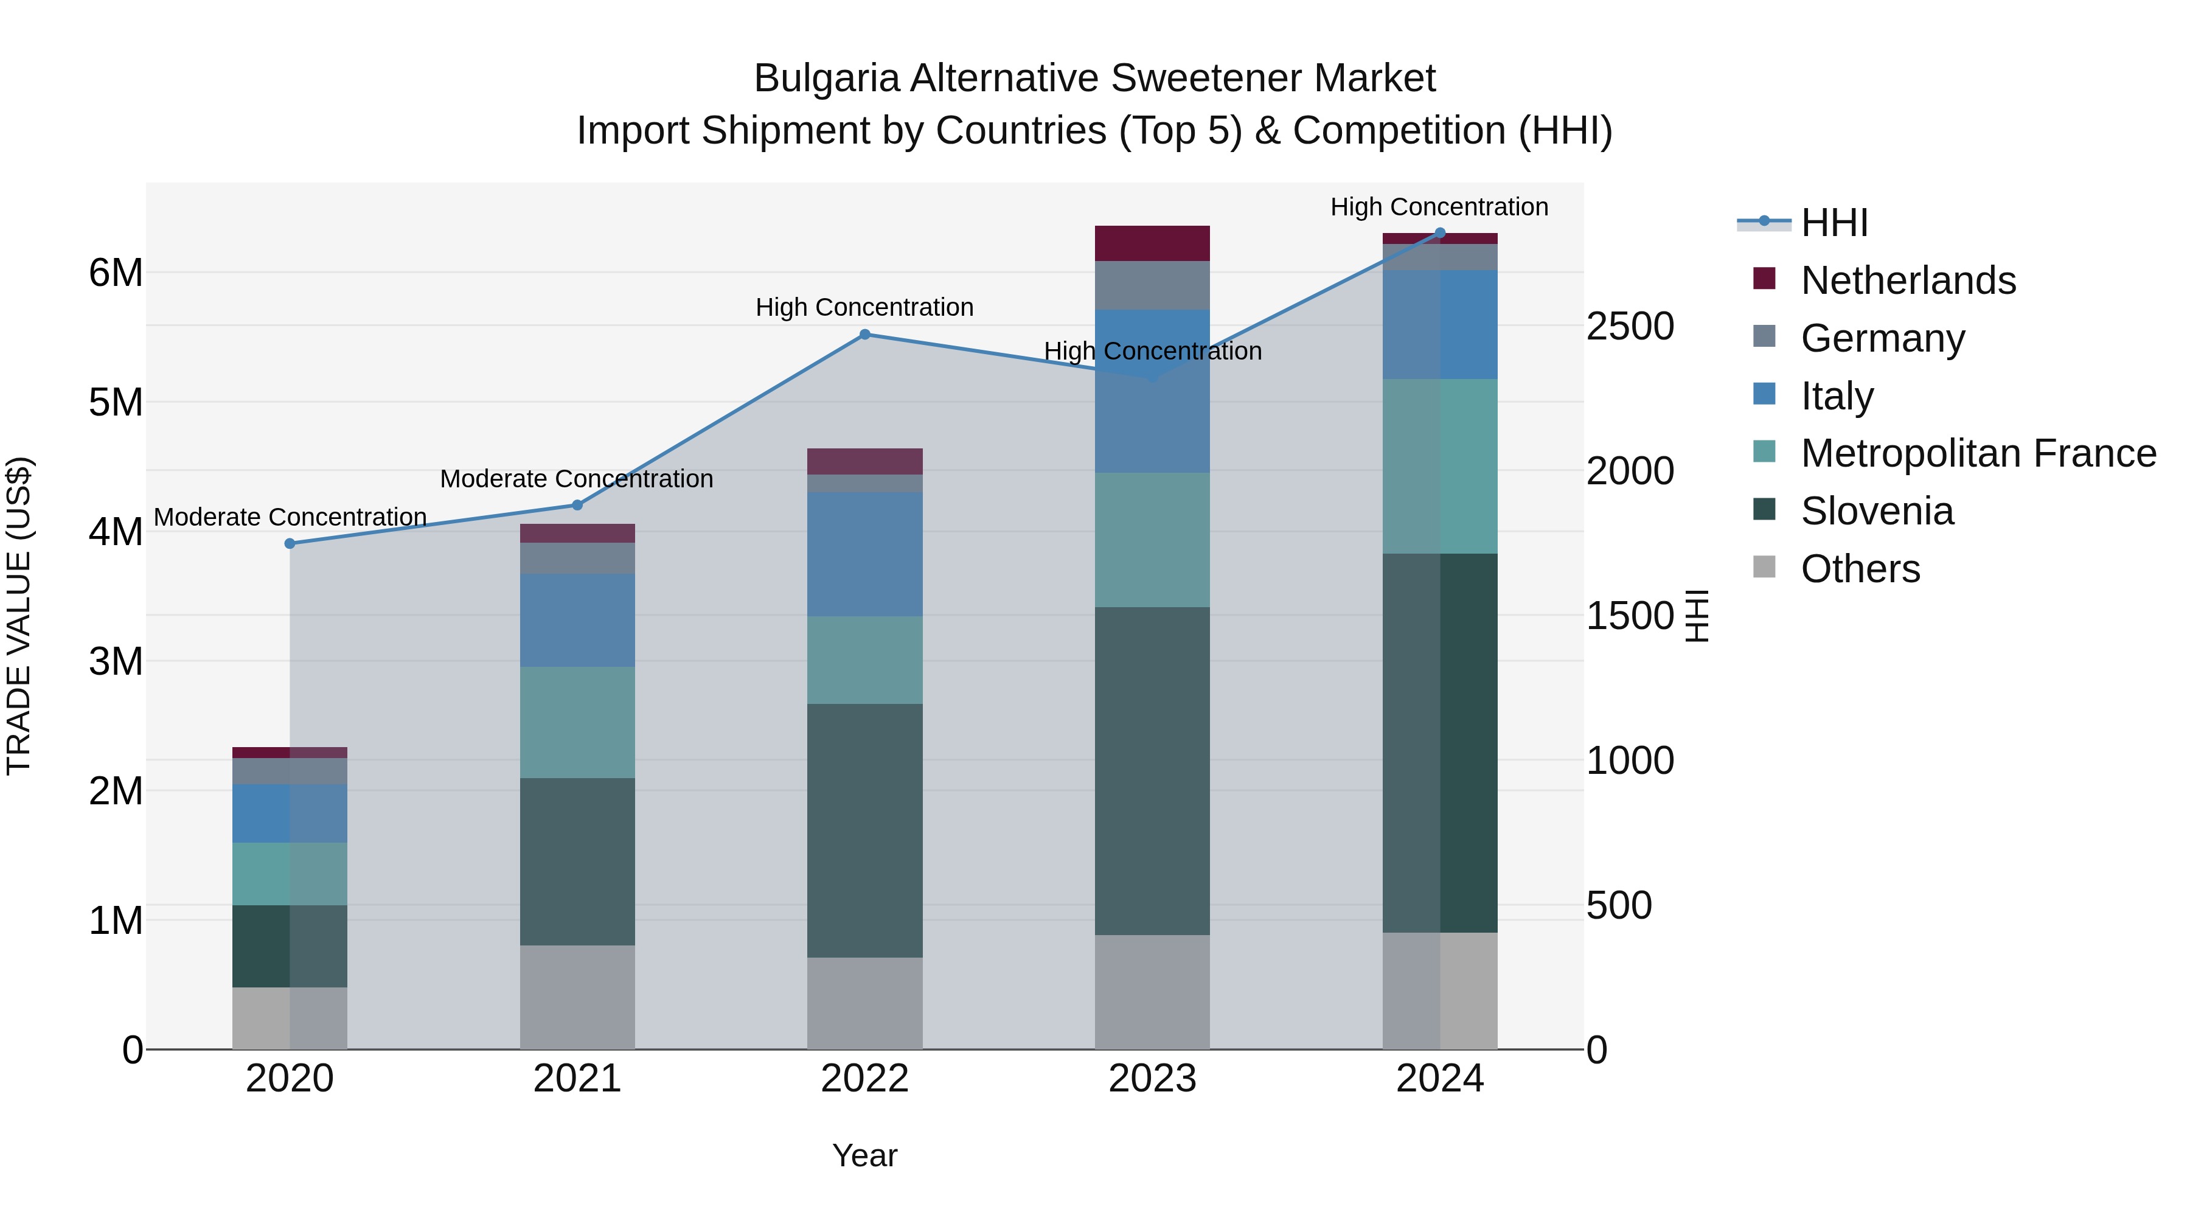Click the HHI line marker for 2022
click(864, 334)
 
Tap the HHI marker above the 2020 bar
click(290, 543)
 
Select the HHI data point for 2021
click(577, 505)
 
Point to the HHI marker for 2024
click(1440, 233)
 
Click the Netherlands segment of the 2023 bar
click(1152, 243)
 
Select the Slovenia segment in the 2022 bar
click(864, 830)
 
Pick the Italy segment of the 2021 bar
click(577, 620)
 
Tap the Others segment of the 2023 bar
click(1152, 992)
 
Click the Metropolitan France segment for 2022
click(864, 660)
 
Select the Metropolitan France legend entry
click(1978, 453)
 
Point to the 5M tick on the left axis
click(116, 402)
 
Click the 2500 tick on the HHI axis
click(1630, 327)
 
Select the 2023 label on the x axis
click(1152, 1079)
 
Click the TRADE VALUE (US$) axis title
click(19, 616)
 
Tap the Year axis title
click(864, 1155)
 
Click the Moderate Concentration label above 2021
click(577, 479)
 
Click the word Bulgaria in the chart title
click(826, 78)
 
